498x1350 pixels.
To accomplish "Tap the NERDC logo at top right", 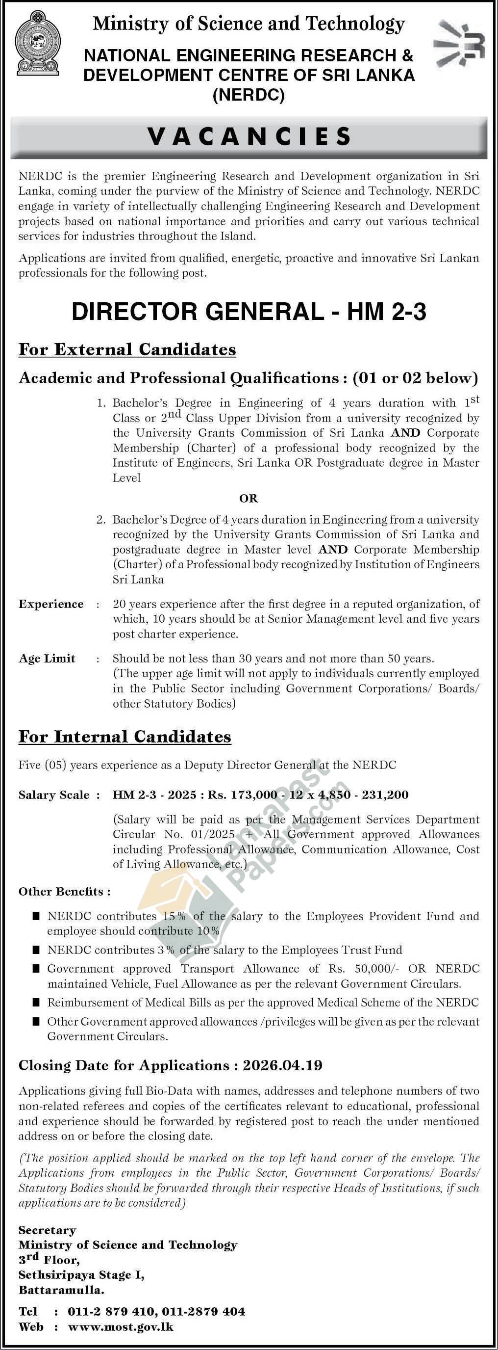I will click(459, 45).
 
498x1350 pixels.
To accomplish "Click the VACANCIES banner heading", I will click(249, 136).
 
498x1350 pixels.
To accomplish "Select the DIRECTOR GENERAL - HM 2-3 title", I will click(249, 312).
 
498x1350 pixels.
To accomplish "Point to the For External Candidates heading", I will click(127, 349).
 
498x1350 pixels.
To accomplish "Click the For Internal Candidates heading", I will click(124, 737).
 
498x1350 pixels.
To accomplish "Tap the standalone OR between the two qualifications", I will click(249, 499).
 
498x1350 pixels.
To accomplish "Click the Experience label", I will click(51, 604).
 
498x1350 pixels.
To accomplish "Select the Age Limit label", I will click(47, 659).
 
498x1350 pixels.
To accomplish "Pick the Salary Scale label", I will click(54, 795).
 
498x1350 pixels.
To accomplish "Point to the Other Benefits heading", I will click(64, 892).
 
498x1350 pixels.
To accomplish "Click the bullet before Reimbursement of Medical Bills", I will click(36, 1003).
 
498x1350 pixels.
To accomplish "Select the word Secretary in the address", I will click(47, 1230).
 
